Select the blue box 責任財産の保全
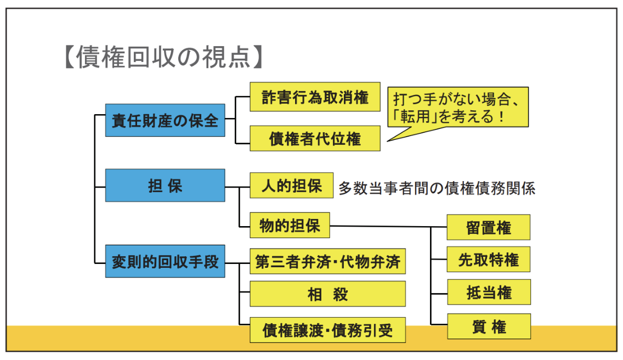(165, 120)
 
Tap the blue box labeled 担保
(165, 185)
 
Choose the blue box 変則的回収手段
(165, 261)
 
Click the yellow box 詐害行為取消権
(315, 97)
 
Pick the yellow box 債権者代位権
(315, 138)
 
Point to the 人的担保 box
(291, 185)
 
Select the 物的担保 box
(290, 225)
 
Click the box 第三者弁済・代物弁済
(327, 261)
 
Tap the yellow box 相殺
(327, 294)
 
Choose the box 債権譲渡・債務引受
(327, 330)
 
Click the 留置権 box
(488, 227)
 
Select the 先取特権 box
(488, 259)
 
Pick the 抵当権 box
(488, 292)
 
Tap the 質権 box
(488, 327)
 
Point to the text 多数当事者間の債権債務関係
(437, 188)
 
